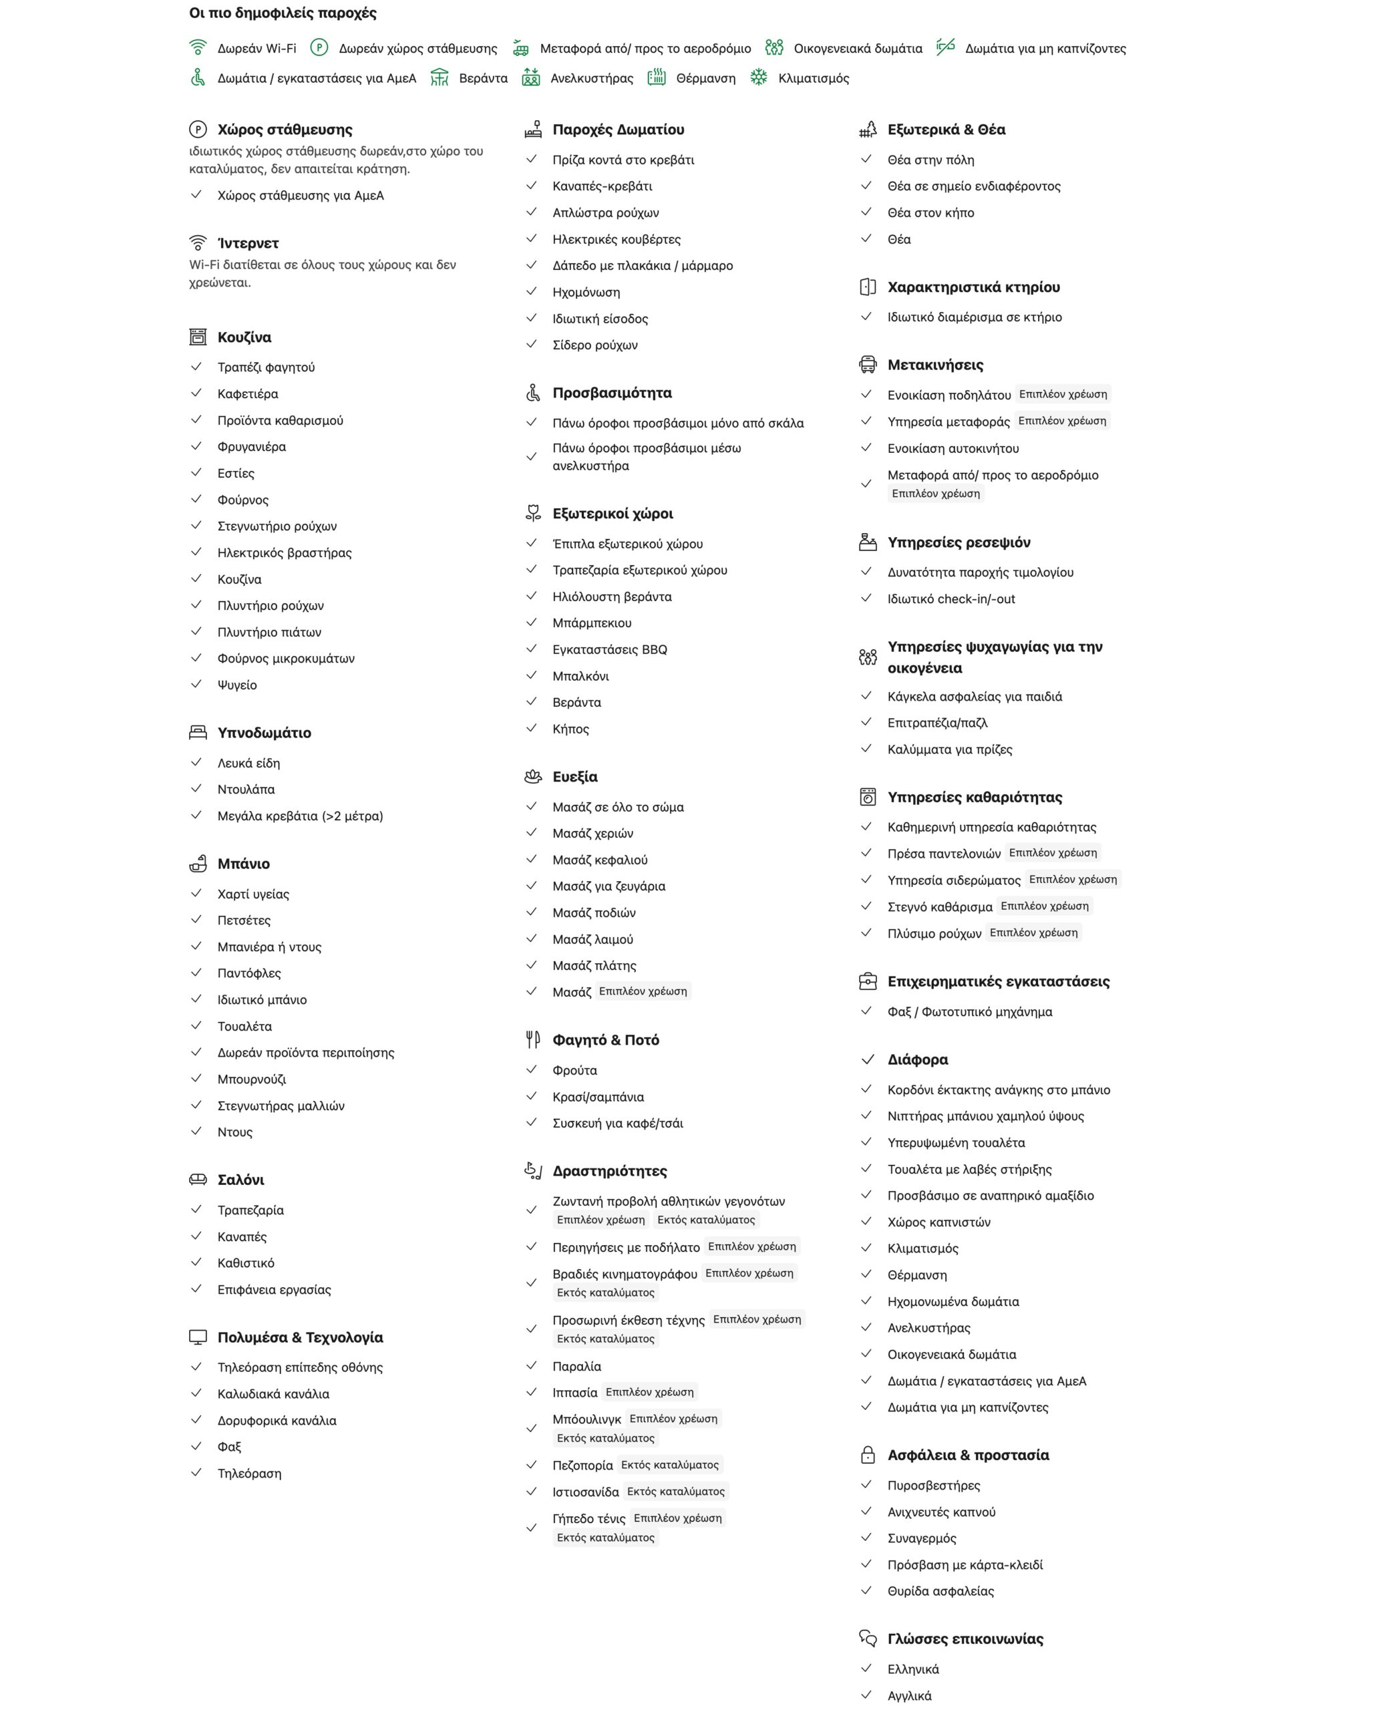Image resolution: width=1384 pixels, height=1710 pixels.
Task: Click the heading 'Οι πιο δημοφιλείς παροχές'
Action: coord(283,13)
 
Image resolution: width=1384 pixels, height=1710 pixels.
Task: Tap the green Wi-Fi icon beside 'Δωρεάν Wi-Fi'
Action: coord(198,48)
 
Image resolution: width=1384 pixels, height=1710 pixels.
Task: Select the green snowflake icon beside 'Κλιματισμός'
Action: coord(758,77)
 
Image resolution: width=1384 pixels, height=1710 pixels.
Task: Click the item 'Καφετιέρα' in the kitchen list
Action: coord(248,394)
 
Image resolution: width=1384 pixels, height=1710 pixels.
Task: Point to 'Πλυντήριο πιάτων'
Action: coord(269,632)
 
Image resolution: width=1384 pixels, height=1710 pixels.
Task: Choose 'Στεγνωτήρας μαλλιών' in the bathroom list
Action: coord(281,1105)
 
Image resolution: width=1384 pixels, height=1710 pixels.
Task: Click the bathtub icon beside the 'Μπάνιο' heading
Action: coord(198,864)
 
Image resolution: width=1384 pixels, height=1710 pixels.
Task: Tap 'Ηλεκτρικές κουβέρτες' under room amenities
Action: coord(617,239)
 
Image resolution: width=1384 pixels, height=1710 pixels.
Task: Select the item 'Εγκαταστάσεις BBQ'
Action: coord(610,650)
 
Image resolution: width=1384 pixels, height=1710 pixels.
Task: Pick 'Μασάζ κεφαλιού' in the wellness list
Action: coord(600,860)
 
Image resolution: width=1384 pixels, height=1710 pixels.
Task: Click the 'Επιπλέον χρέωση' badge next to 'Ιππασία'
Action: coord(649,1392)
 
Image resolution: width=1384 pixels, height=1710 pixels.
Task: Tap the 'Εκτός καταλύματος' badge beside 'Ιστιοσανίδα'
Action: coord(675,1492)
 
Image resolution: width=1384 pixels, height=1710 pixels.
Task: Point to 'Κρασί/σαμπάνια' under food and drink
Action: coord(598,1097)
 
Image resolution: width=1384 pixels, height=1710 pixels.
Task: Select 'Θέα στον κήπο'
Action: coord(930,213)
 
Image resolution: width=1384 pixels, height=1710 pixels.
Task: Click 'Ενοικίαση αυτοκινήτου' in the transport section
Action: coord(953,449)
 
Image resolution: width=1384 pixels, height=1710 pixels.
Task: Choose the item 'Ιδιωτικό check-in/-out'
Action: coord(951,598)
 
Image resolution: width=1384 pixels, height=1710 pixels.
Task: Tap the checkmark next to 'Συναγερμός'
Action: coord(866,1537)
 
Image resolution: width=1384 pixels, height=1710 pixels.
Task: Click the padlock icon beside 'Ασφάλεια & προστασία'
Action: coord(868,1455)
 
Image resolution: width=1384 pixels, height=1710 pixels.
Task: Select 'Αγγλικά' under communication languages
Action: coord(909,1696)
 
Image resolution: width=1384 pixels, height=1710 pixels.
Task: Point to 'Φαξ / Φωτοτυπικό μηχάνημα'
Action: coord(969,1012)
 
